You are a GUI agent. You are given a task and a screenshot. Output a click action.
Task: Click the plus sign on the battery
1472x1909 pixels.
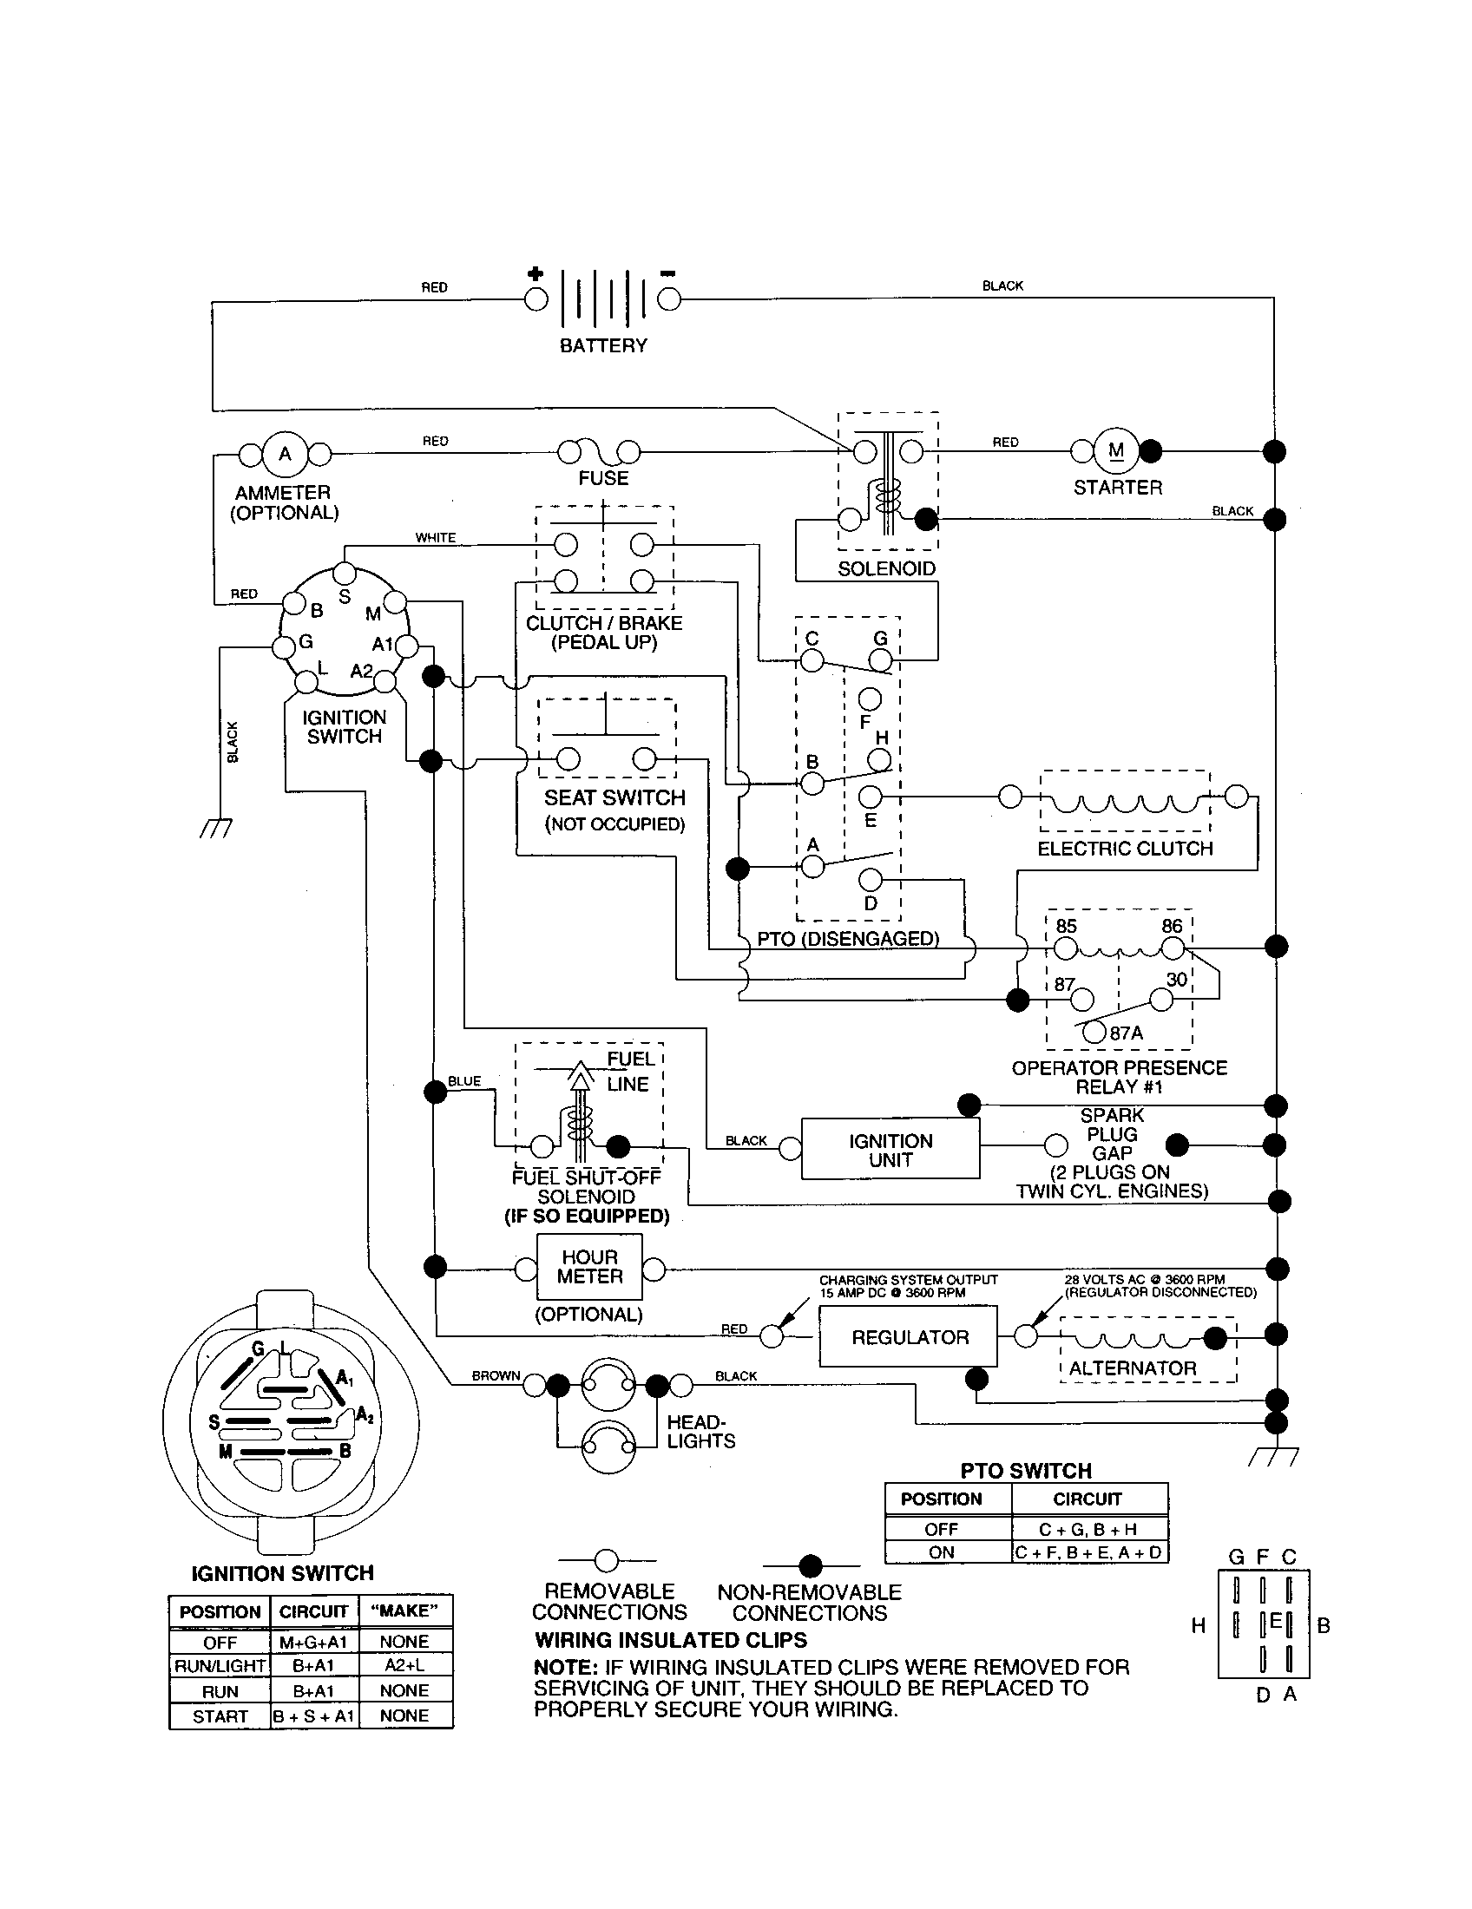click(x=535, y=274)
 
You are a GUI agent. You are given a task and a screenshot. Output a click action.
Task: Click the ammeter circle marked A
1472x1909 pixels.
click(x=285, y=454)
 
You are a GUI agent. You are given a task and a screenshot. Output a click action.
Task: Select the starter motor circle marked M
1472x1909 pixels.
click(x=1116, y=451)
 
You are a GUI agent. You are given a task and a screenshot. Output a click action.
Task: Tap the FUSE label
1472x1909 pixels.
click(x=603, y=478)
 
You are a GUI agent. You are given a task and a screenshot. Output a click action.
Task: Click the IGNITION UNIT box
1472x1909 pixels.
click(x=890, y=1151)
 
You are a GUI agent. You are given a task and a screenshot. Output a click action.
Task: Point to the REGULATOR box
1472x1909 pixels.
click(x=908, y=1337)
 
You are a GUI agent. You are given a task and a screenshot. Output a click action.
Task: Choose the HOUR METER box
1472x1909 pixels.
click(x=589, y=1267)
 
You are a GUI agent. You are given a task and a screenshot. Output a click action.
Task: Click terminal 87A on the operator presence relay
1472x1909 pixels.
click(x=1094, y=1032)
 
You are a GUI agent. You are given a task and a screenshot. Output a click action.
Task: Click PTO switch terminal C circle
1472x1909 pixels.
click(x=812, y=661)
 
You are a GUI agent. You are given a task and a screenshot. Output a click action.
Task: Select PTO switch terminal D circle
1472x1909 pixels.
click(x=871, y=879)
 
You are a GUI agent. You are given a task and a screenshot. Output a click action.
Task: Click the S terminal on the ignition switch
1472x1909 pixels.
click(x=345, y=574)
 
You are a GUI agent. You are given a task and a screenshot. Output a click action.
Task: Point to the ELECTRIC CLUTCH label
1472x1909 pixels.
click(x=1125, y=849)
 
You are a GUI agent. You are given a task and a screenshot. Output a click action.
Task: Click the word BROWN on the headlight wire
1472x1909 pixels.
click(x=496, y=1376)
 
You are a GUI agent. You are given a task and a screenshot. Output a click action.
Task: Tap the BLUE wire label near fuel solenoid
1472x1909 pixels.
click(x=464, y=1081)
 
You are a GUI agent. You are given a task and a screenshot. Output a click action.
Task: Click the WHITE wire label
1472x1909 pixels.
click(x=436, y=538)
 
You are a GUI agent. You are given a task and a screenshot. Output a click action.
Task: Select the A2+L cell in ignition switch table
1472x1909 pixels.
click(x=404, y=1666)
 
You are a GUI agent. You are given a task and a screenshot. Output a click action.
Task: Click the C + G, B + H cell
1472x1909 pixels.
click(x=1088, y=1530)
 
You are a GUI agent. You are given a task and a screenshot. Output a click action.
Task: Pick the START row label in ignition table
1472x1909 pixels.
click(x=220, y=1715)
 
